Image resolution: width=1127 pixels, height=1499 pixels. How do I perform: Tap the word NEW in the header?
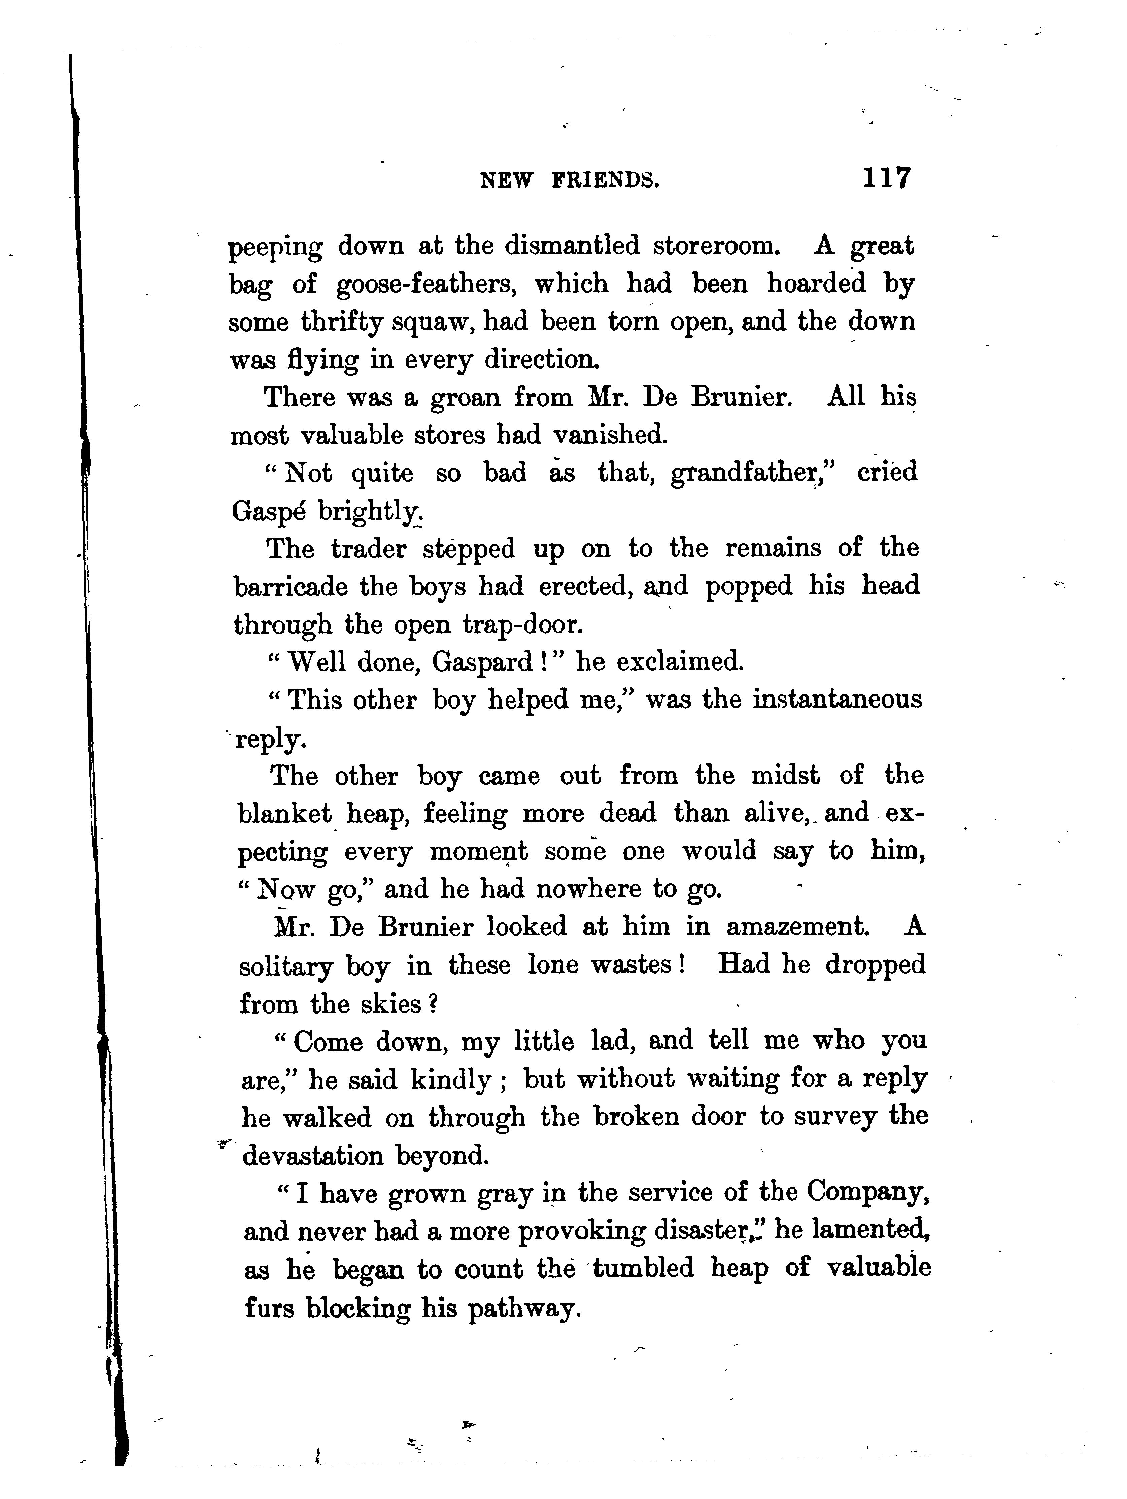506,180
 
